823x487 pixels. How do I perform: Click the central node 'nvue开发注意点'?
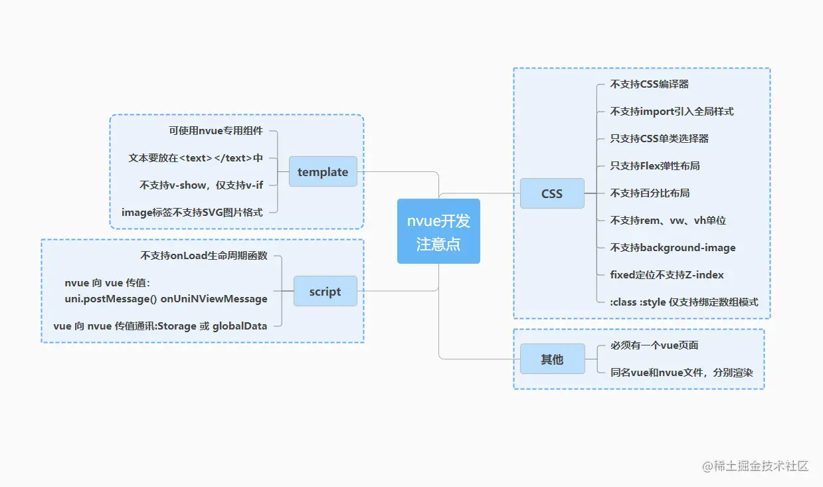click(x=438, y=231)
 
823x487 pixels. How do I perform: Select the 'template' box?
click(x=323, y=171)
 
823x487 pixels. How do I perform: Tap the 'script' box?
click(x=325, y=291)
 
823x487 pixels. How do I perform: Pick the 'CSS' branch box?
click(x=552, y=193)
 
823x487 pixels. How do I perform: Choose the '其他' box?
click(x=552, y=359)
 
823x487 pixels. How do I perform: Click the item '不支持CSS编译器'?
click(x=649, y=84)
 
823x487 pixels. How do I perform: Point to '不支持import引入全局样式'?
click(x=672, y=112)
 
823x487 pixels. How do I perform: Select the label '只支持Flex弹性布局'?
click(x=655, y=165)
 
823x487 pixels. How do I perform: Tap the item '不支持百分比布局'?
click(x=650, y=193)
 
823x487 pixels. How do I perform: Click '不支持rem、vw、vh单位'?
click(x=668, y=220)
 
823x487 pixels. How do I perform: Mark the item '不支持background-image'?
click(x=673, y=248)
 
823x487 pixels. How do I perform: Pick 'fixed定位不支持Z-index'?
click(x=667, y=274)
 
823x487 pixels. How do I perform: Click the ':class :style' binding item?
click(x=684, y=302)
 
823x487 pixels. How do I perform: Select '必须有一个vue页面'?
click(x=654, y=345)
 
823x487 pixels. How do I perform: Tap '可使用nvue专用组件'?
click(x=216, y=130)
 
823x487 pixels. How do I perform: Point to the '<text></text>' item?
click(x=196, y=157)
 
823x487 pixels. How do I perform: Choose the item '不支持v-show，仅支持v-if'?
click(x=201, y=185)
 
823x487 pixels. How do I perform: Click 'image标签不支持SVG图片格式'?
click(x=192, y=212)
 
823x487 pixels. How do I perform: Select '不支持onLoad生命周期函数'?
click(x=204, y=255)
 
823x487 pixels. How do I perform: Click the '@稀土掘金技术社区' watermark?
click(x=755, y=466)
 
